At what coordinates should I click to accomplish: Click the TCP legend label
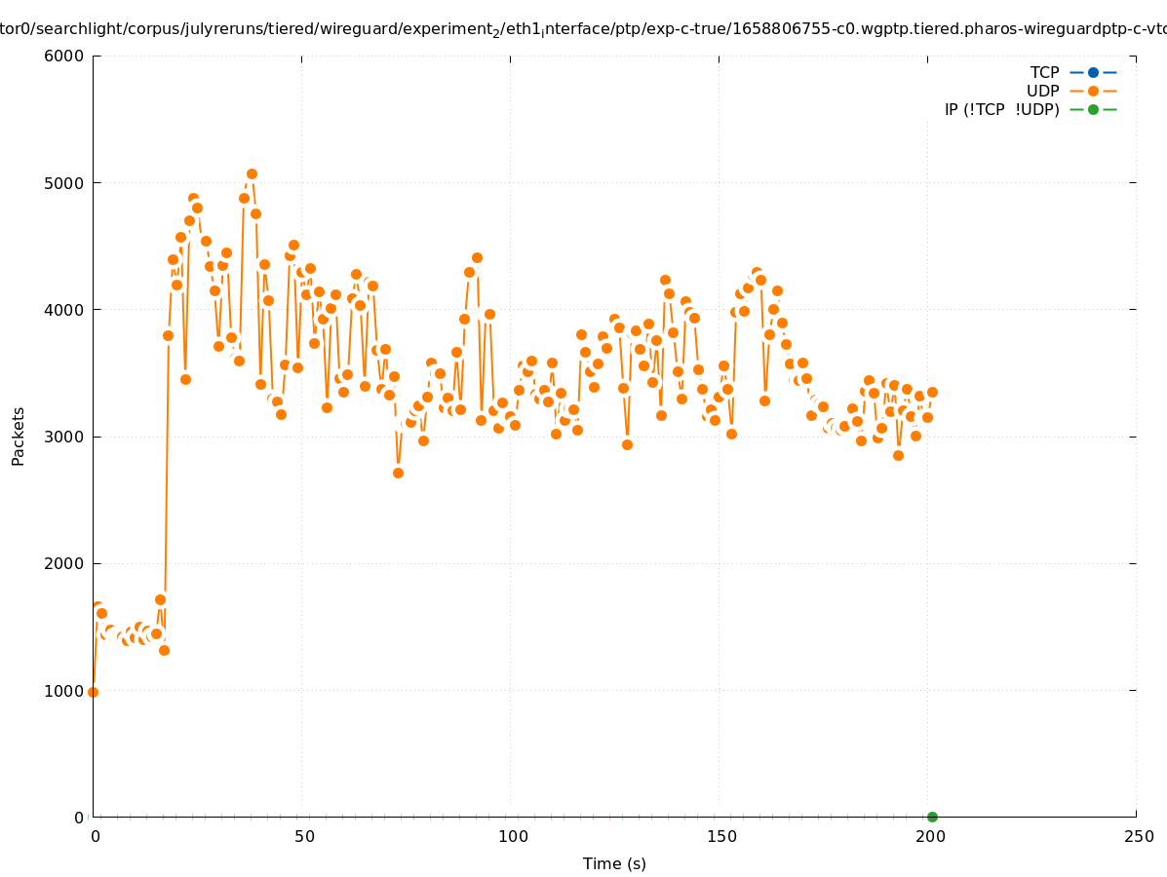coord(1044,72)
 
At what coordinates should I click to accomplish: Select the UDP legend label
coord(1042,91)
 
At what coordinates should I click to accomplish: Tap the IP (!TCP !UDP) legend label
coord(1001,109)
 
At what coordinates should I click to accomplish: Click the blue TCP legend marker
coord(1093,72)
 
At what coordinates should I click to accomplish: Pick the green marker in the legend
coord(1093,109)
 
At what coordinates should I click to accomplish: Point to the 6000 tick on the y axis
coord(65,56)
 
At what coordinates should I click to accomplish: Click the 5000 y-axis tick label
coord(65,183)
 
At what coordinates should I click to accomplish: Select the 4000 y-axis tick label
coord(65,310)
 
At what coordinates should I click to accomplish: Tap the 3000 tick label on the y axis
coord(65,437)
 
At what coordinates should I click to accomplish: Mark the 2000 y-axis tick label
coord(65,563)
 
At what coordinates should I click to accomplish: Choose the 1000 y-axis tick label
coord(65,690)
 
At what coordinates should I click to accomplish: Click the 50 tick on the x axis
coord(304,836)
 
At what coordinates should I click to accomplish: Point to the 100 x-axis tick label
coord(513,836)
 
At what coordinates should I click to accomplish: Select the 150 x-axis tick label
coord(721,836)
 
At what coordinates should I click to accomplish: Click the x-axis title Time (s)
coord(614,863)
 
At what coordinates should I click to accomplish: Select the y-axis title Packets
coord(19,436)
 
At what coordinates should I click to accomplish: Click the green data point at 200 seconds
coord(932,817)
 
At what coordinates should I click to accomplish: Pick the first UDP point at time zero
coord(93,692)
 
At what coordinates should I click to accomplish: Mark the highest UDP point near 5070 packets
coord(252,174)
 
